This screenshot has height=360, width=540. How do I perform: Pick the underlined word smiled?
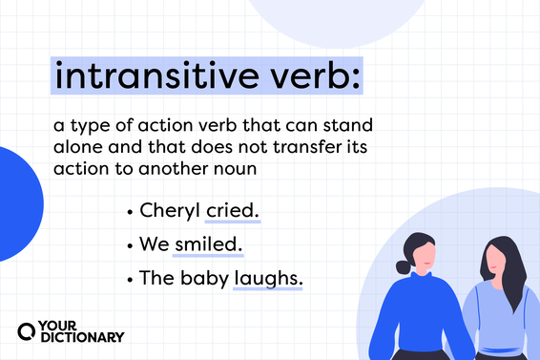[207, 244]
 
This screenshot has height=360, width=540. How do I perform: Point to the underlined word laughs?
[267, 277]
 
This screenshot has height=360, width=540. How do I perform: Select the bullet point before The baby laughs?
[129, 278]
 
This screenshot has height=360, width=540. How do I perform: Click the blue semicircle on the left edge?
[19, 203]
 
